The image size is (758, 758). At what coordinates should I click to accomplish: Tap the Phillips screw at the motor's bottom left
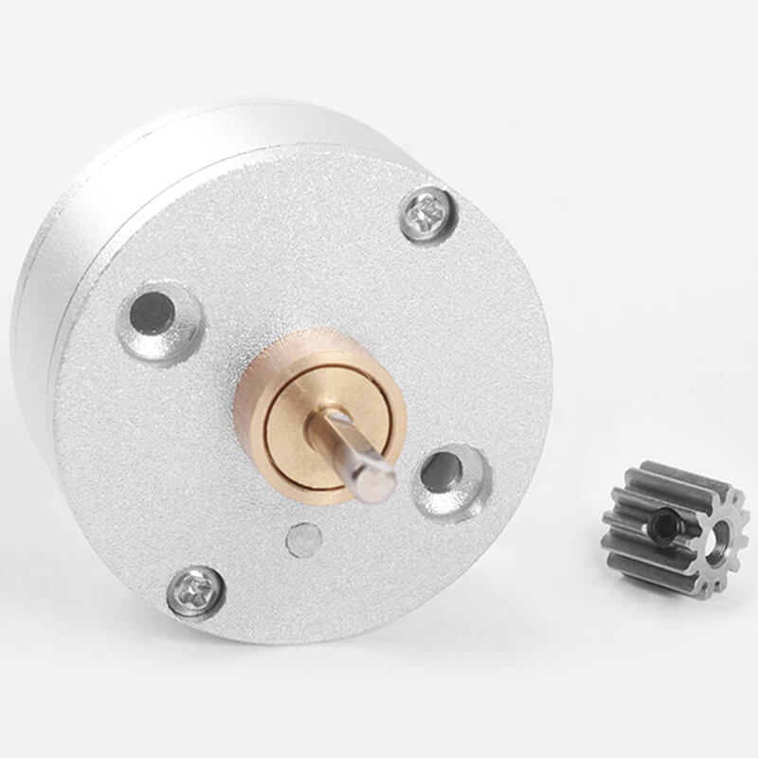click(195, 590)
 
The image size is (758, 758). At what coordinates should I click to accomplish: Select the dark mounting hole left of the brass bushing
click(153, 313)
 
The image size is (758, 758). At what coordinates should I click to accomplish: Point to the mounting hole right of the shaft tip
click(442, 471)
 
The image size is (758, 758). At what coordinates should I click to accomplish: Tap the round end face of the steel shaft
click(380, 482)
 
